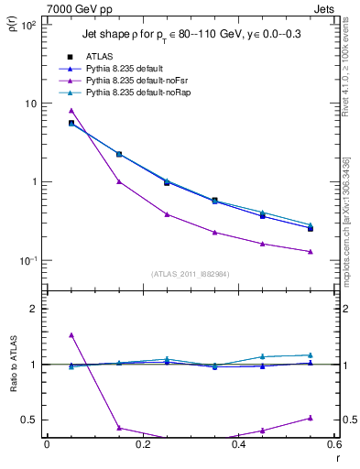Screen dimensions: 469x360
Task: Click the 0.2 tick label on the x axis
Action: coord(142,446)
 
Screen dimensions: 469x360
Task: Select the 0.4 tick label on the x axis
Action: coord(238,446)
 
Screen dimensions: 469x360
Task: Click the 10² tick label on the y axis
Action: coord(27,26)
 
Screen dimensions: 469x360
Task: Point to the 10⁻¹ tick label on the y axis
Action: coord(27,261)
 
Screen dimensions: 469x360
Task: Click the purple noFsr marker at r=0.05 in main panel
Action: coord(71,110)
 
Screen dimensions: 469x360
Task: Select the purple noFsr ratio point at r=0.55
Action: coord(311,418)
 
